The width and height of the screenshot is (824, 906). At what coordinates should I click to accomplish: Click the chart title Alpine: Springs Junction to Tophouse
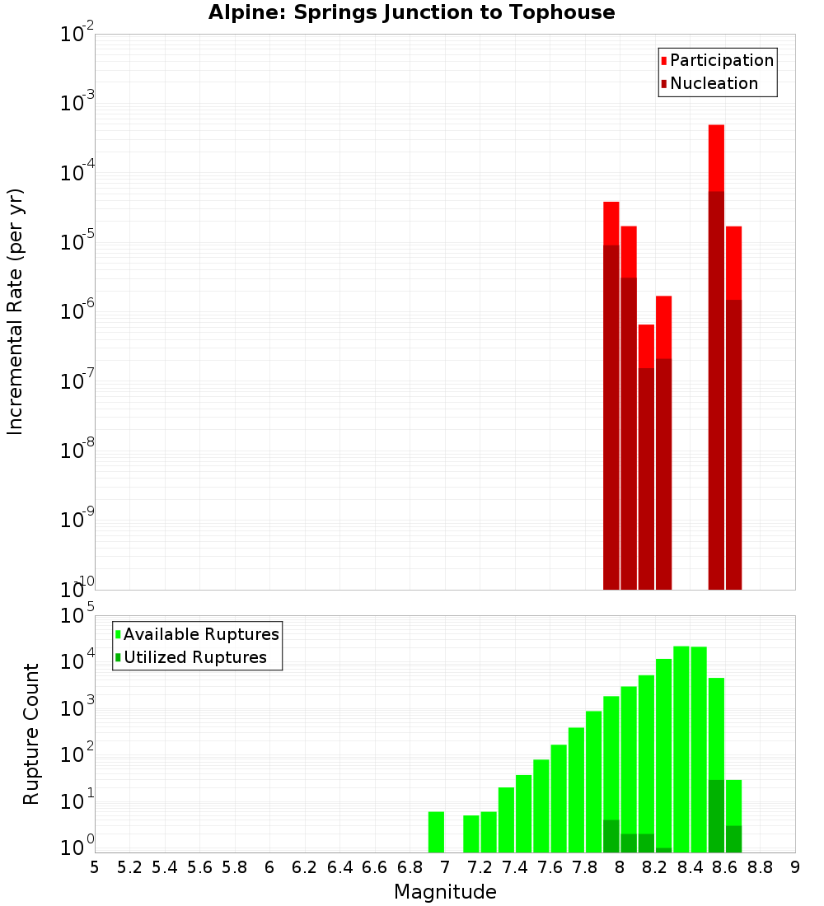(x=411, y=12)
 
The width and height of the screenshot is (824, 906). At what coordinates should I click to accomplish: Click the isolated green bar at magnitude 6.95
(x=436, y=832)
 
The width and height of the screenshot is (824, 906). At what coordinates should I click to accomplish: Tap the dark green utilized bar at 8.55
(x=716, y=816)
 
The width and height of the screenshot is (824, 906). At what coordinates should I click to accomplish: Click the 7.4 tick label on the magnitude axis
(x=515, y=867)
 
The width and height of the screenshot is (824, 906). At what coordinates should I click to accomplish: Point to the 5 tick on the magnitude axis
(x=95, y=867)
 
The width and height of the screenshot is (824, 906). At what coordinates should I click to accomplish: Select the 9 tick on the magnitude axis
(x=795, y=867)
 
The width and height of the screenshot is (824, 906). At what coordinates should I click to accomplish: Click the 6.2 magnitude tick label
(x=305, y=867)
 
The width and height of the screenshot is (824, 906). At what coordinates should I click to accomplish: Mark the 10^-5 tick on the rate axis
(x=76, y=244)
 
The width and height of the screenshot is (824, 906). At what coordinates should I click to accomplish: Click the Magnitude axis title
(x=445, y=892)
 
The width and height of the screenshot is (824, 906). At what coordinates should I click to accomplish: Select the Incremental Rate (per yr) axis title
(x=16, y=311)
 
